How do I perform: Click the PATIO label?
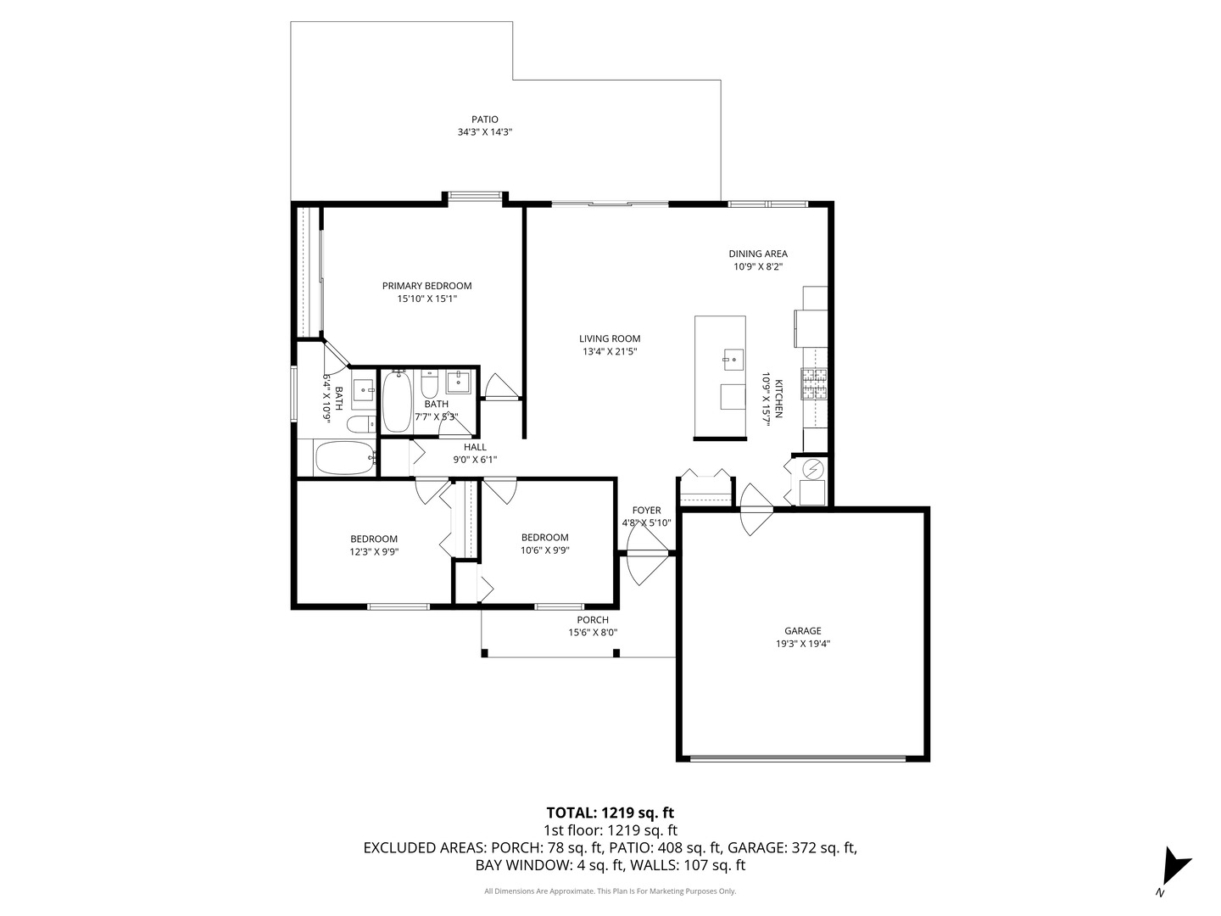coord(484,119)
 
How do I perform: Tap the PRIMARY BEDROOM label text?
coord(427,286)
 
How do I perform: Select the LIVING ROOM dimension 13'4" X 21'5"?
coord(610,351)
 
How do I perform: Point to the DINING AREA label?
coord(758,254)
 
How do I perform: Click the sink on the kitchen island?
coord(733,360)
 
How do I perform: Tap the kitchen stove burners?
coord(814,383)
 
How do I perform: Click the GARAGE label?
coord(803,631)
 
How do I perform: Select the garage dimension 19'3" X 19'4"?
coord(803,644)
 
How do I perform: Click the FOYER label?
coord(646,510)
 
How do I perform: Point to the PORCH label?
coord(593,619)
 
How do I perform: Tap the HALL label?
coord(475,447)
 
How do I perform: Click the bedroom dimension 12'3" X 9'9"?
coord(374,551)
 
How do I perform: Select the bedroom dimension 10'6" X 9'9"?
coord(544,550)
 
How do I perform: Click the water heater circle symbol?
coord(812,469)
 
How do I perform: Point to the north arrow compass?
coord(1175,874)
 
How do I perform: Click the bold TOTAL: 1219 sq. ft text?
coord(610,813)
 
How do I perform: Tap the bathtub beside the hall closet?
coord(345,458)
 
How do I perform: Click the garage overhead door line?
coord(797,757)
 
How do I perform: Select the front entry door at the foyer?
coord(647,553)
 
